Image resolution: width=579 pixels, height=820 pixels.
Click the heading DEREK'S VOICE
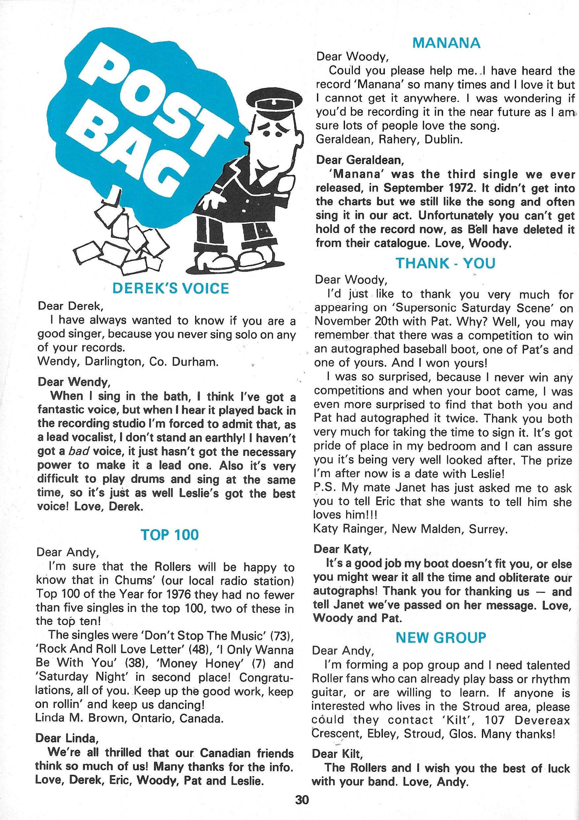point(170,288)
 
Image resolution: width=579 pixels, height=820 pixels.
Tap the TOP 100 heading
point(169,535)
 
